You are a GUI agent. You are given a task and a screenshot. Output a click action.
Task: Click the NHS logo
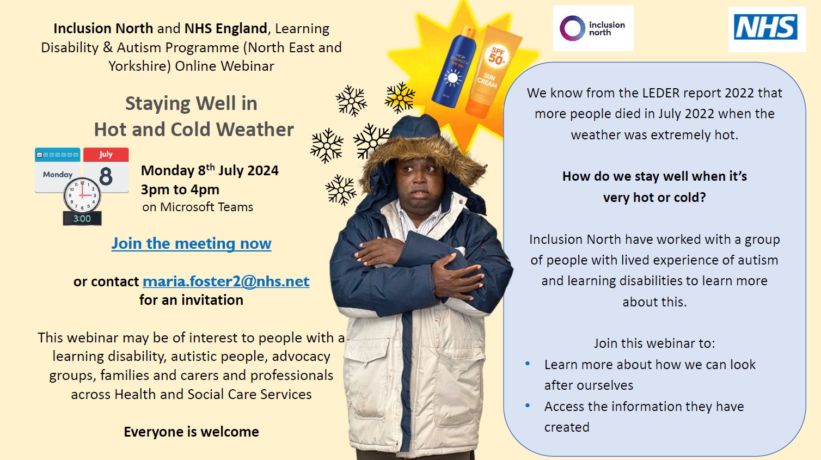point(765,27)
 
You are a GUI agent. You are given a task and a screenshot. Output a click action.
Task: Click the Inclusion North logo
point(593,28)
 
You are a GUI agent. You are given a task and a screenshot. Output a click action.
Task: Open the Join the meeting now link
point(191,244)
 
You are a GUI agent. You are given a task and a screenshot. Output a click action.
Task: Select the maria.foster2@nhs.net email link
point(226,281)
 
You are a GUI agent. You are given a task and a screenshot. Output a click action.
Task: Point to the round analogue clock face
point(82,195)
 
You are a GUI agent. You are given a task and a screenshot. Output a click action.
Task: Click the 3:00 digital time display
point(82,219)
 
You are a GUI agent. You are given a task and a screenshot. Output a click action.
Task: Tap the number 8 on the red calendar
point(106,177)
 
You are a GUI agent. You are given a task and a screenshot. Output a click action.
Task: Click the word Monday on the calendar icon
point(58,174)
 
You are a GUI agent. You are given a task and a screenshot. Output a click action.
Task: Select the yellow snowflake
point(400,97)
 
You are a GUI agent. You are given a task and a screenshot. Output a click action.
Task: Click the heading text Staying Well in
point(191,103)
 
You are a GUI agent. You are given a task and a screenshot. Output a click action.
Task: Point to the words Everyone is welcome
point(191,432)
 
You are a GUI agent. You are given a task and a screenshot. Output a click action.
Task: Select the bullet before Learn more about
point(528,364)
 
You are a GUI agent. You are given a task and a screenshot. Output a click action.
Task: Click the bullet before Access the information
point(528,406)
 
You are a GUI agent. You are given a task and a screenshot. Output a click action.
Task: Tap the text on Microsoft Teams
point(198,207)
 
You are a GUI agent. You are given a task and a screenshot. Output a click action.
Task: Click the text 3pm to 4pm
point(180,190)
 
